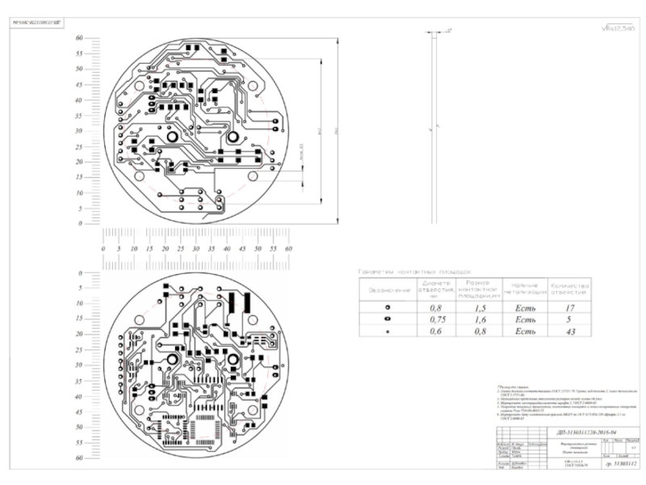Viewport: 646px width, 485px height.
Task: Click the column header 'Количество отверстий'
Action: tap(568, 289)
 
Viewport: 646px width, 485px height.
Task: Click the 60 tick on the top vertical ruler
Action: tap(79, 38)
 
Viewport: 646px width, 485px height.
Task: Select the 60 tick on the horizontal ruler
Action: tap(288, 250)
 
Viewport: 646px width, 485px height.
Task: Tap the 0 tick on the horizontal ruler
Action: tap(103, 250)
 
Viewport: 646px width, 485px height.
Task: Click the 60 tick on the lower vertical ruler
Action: tap(79, 458)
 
